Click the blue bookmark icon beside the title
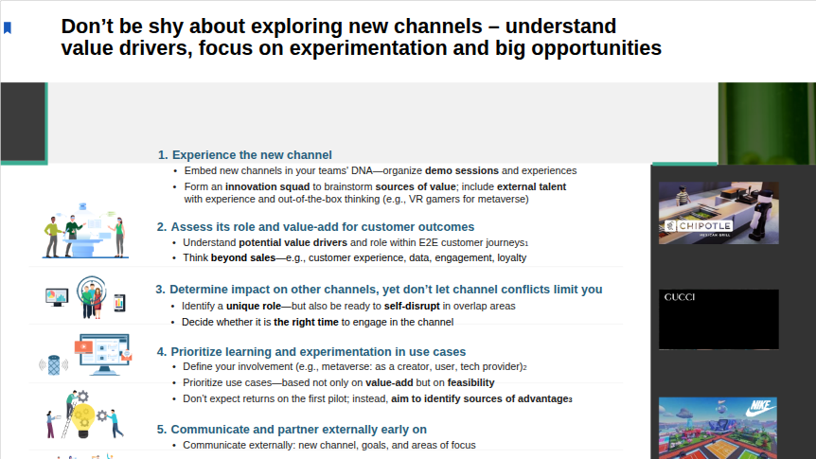[8, 27]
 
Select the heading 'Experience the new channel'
[252, 155]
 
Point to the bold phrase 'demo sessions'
[462, 170]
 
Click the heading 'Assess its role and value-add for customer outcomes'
[323, 227]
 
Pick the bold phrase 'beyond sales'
[243, 257]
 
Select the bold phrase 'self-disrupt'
[412, 306]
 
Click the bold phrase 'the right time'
[306, 322]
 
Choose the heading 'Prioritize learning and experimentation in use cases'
[318, 352]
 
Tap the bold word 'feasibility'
[471, 382]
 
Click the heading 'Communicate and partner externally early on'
[299, 430]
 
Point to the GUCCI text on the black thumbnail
[680, 297]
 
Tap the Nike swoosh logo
[760, 408]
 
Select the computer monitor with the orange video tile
[103, 354]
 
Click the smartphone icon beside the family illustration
[119, 302]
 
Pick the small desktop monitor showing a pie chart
[57, 297]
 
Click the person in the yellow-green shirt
[53, 237]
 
